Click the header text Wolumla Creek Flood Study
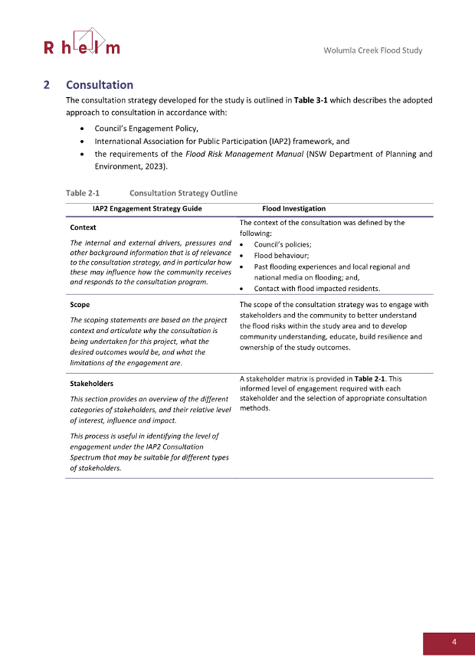[x=373, y=51]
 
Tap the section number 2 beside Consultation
[x=46, y=85]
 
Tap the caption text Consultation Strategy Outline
[x=183, y=192]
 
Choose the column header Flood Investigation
[x=293, y=208]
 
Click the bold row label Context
[x=84, y=227]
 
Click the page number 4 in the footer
[x=455, y=642]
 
